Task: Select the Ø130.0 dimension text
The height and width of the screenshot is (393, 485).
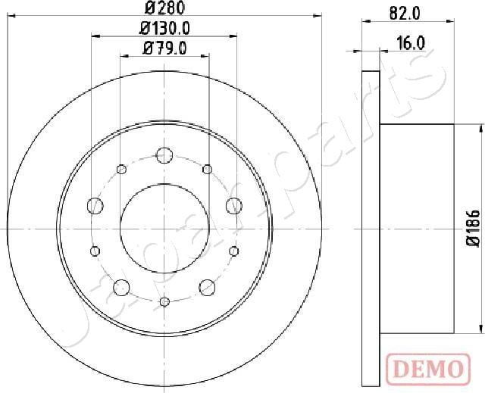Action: pyautogui.click(x=164, y=30)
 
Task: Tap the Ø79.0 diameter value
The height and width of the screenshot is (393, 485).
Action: pyautogui.click(x=164, y=50)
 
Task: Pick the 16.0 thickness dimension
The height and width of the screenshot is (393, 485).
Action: pyautogui.click(x=409, y=45)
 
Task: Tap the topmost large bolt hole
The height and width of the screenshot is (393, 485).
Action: pyautogui.click(x=164, y=155)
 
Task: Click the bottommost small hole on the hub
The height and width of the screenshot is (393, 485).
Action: pyautogui.click(x=164, y=302)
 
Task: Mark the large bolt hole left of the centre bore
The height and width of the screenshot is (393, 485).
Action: pyautogui.click(x=95, y=204)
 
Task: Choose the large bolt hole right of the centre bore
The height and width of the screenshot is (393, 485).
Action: pyautogui.click(x=233, y=204)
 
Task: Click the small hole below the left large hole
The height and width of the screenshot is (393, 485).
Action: pyautogui.click(x=95, y=250)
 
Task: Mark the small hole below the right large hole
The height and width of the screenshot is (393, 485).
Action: pyautogui.click(x=234, y=250)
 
